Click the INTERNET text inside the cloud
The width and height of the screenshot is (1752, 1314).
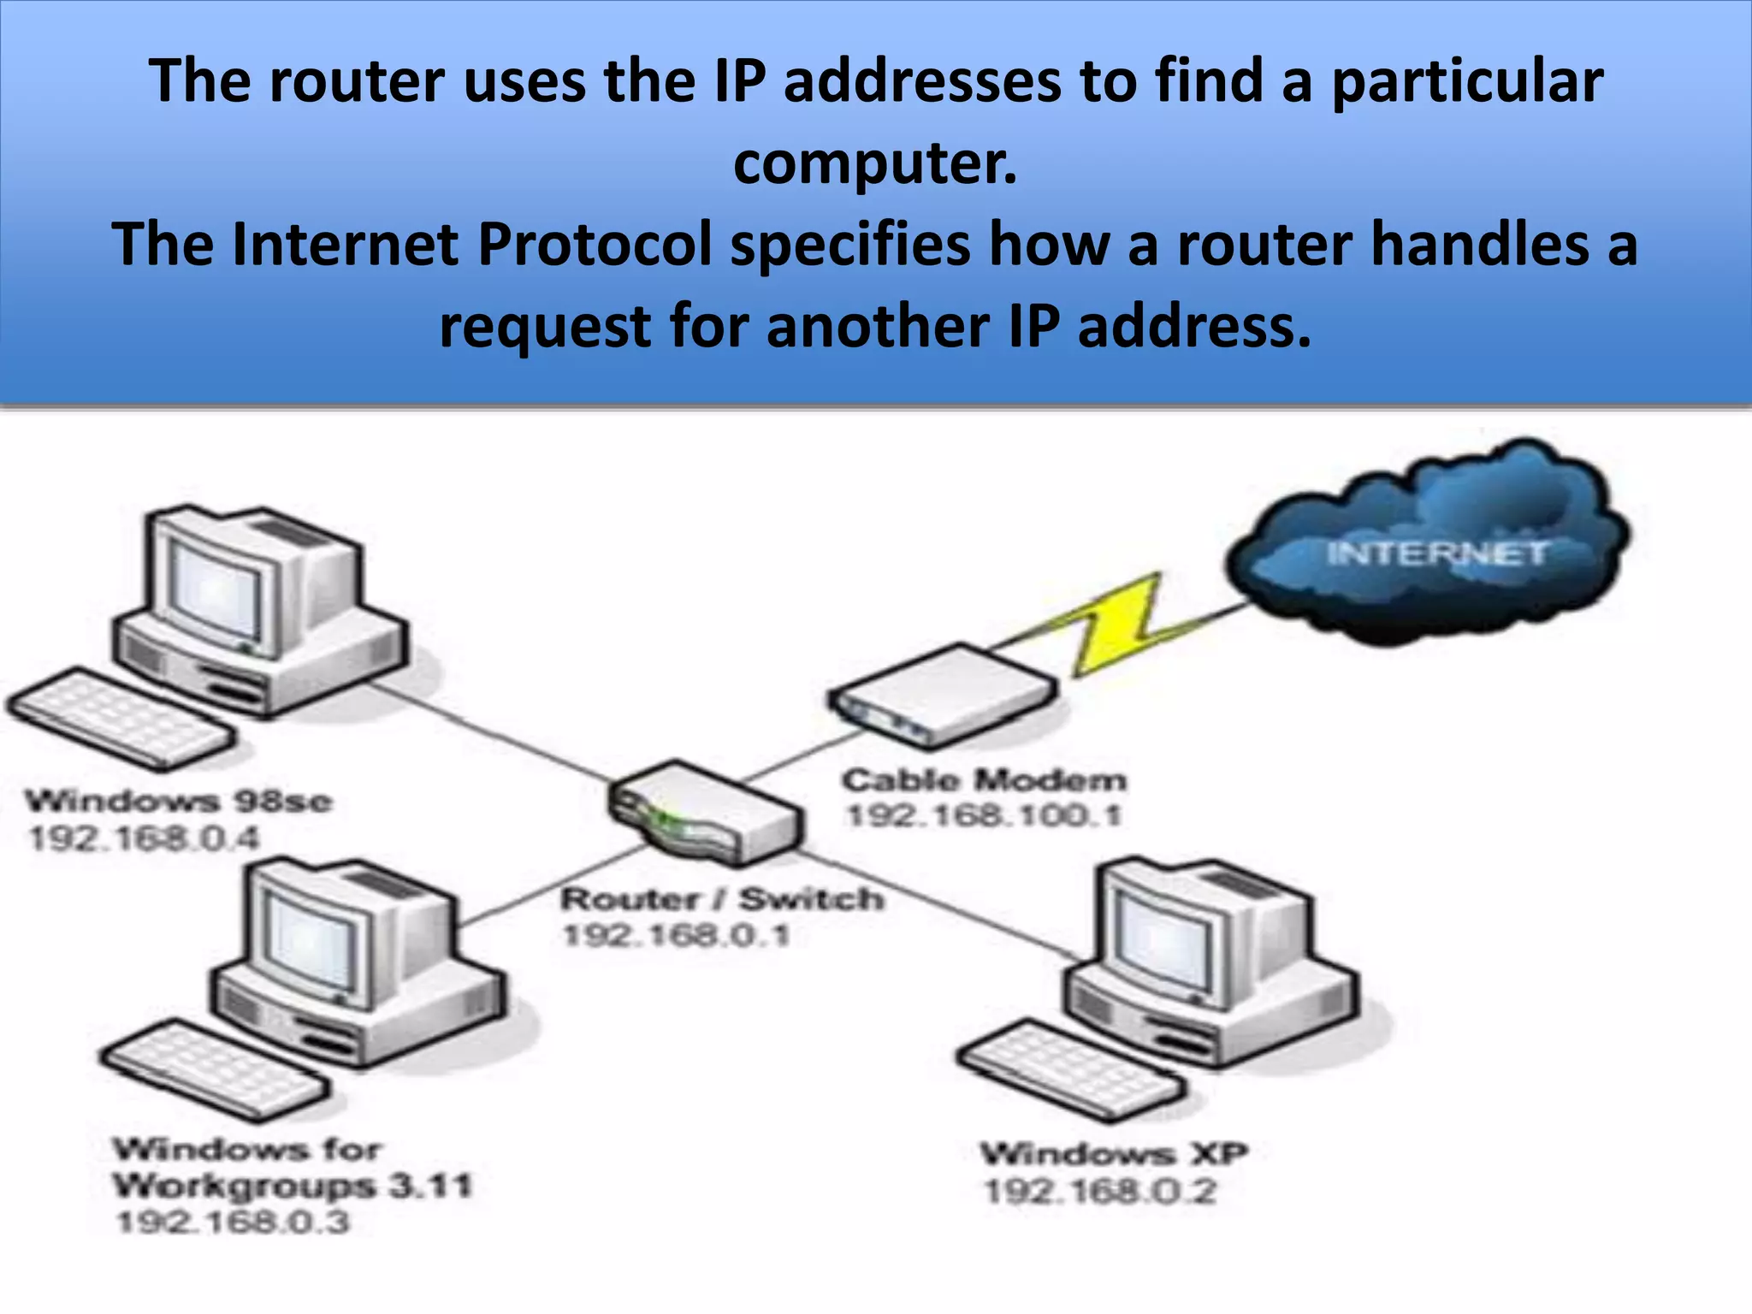[1436, 553]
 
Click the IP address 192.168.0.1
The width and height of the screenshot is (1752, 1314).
[676, 935]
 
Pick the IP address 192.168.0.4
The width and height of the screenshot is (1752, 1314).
[144, 838]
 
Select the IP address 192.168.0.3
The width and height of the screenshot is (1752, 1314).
[233, 1222]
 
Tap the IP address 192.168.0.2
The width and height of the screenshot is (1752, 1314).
[1100, 1192]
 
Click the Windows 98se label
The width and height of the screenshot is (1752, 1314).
[178, 802]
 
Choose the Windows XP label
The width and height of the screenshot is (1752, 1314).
[1114, 1154]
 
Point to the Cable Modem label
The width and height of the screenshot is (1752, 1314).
[984, 780]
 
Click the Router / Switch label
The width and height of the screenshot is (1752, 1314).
[722, 899]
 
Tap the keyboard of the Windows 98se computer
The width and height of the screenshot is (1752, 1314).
[120, 719]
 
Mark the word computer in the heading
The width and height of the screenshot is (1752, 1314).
[875, 163]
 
